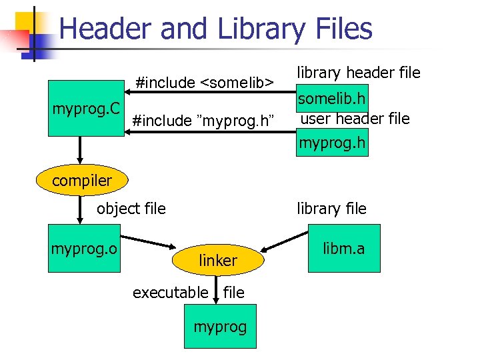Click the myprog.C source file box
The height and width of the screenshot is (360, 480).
click(86, 108)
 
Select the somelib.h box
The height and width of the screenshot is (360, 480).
click(332, 99)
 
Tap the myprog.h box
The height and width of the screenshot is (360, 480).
click(332, 143)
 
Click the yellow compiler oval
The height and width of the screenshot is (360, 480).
click(82, 180)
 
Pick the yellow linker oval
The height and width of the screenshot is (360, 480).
click(218, 261)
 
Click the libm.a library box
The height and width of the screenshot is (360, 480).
click(343, 249)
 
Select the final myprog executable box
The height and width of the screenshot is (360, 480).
click(220, 327)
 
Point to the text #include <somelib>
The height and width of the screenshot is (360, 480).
click(204, 83)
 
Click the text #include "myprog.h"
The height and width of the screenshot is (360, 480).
click(203, 121)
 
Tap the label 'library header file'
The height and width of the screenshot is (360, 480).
click(358, 72)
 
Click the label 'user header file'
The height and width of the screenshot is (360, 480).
click(355, 119)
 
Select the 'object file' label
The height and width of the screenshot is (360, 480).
click(131, 209)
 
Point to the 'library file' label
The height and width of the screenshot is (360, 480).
click(331, 209)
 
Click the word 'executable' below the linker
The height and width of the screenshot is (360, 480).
click(170, 292)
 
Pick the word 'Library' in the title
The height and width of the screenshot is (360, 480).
click(259, 29)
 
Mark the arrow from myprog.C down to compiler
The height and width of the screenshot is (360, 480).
click(79, 149)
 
